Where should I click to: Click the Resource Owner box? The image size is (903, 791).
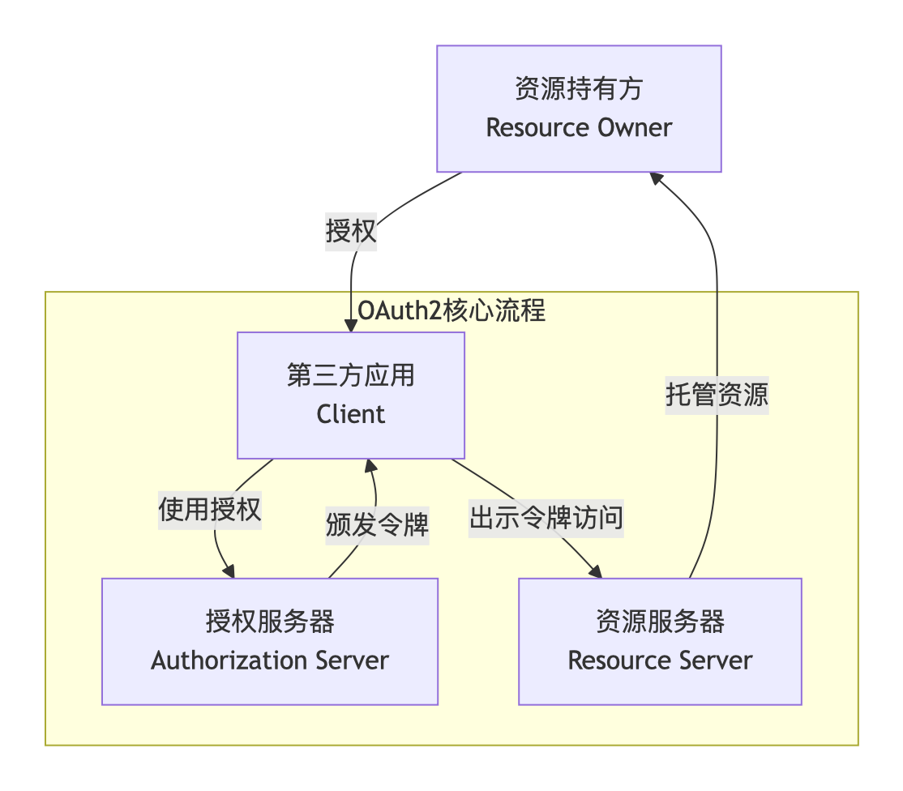pyautogui.click(x=579, y=109)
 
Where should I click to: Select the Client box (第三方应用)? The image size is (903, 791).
pyautogui.click(x=350, y=395)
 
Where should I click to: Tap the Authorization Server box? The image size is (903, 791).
pyautogui.click(x=270, y=641)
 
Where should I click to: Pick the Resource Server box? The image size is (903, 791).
pyautogui.click(x=660, y=641)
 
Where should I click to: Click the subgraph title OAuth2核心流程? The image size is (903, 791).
pyautogui.click(x=451, y=311)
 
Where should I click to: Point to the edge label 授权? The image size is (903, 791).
pyautogui.click(x=351, y=232)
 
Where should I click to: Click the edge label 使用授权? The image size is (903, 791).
pyautogui.click(x=210, y=511)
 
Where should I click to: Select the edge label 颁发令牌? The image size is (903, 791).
pyautogui.click(x=377, y=526)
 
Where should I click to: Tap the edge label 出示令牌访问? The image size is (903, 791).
pyautogui.click(x=546, y=517)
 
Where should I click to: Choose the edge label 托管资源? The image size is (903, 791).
pyautogui.click(x=717, y=395)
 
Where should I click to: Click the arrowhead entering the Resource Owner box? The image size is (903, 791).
pyautogui.click(x=657, y=178)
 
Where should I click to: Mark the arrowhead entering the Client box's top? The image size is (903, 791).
pyautogui.click(x=351, y=326)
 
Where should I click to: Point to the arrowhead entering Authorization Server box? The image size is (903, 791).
pyautogui.click(x=230, y=571)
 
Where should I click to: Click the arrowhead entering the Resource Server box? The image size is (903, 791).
pyautogui.click(x=596, y=572)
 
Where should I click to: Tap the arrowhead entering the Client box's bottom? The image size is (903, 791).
pyautogui.click(x=370, y=465)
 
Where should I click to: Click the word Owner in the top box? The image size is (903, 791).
pyautogui.click(x=635, y=128)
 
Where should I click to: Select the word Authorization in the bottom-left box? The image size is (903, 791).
pyautogui.click(x=214, y=661)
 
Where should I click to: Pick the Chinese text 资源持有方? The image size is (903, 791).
pyautogui.click(x=579, y=88)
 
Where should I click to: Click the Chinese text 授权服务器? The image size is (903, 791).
pyautogui.click(x=270, y=622)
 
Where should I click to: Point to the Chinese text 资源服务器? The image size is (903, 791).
pyautogui.click(x=660, y=622)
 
